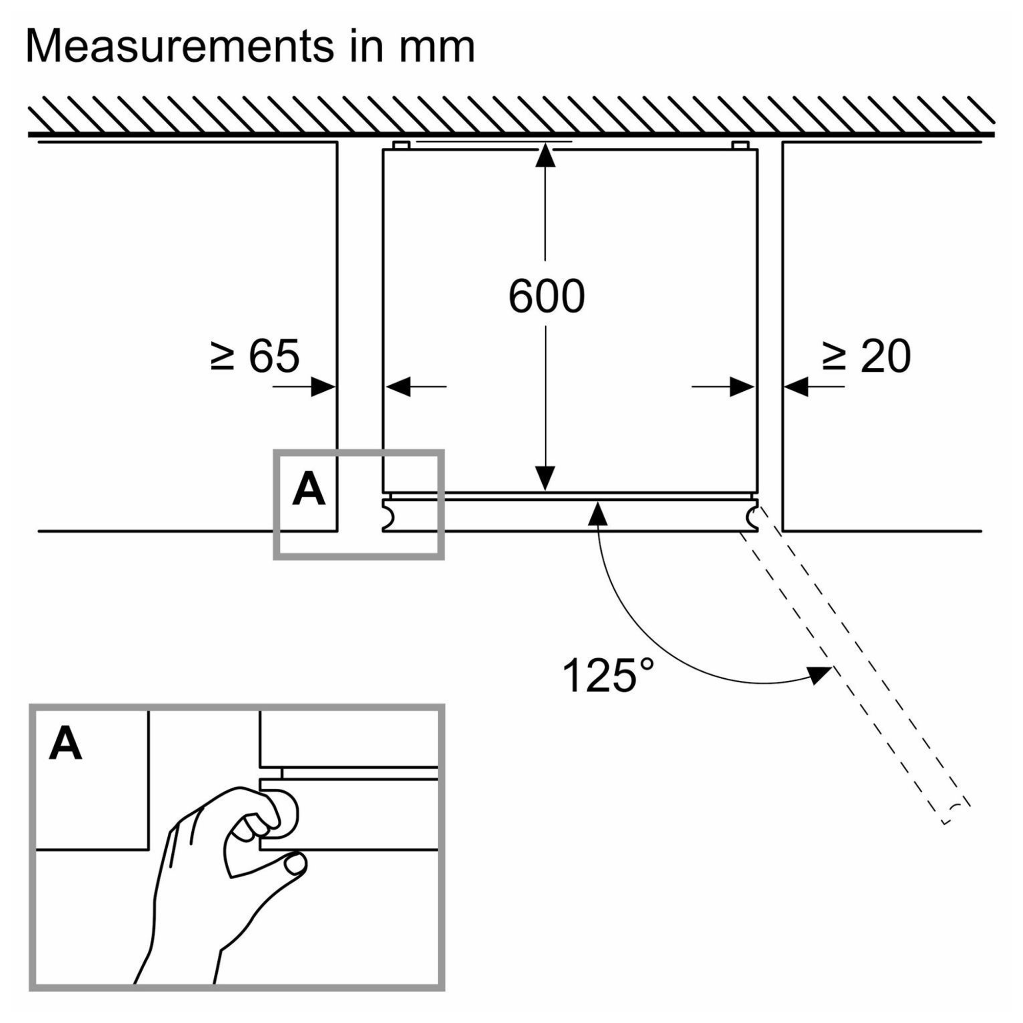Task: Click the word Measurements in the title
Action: [x=180, y=47]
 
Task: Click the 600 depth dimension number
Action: [x=546, y=296]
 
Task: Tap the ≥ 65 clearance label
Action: [x=255, y=355]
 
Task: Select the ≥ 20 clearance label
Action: [x=867, y=357]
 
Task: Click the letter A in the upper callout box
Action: [x=309, y=490]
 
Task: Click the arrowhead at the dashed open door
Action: [x=819, y=676]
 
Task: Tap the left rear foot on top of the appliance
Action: [x=401, y=145]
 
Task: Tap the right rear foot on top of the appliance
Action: [x=740, y=145]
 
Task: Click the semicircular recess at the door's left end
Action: [x=388, y=516]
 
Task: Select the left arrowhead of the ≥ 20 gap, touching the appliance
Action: [x=742, y=387]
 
